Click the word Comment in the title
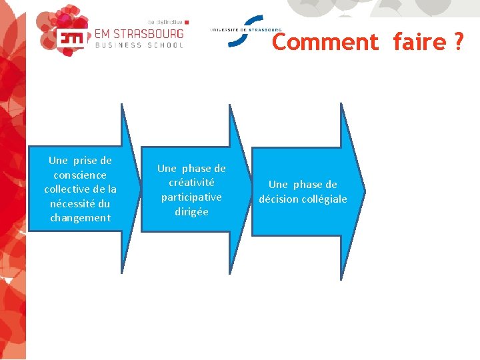tap(325, 42)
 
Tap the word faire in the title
tap(418, 42)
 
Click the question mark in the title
tap(458, 42)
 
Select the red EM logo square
tap(71, 38)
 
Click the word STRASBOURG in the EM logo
tap(139, 33)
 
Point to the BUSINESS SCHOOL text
tap(139, 45)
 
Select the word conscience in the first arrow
tap(80, 175)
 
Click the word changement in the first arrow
tap(80, 218)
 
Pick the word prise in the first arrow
tap(85, 161)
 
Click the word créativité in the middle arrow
tap(191, 183)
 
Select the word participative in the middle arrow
tap(191, 197)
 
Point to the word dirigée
tap(191, 212)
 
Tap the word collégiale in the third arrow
tap(324, 199)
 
